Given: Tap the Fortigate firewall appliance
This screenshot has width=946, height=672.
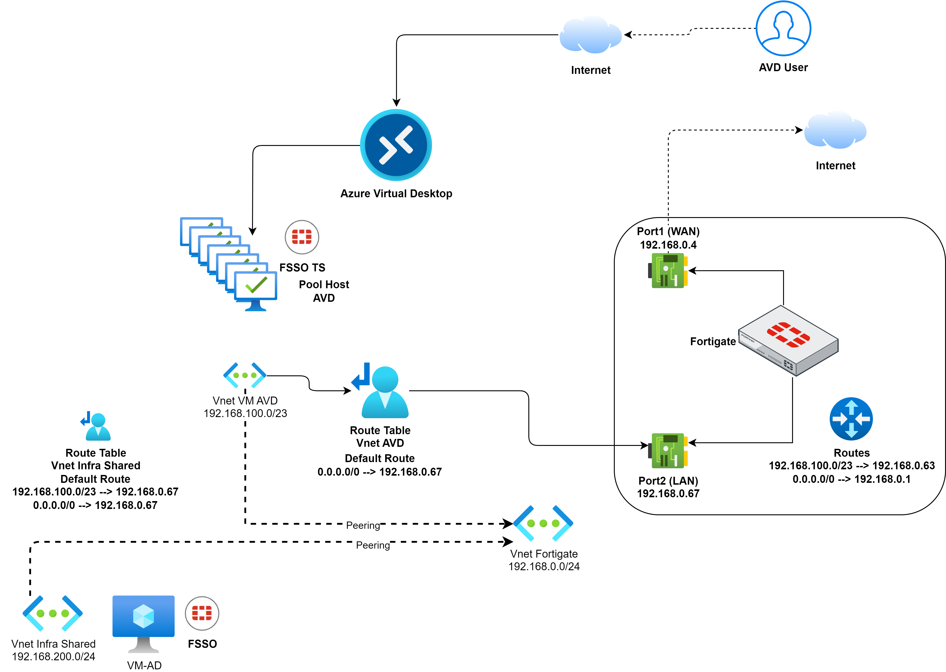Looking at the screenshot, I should click(788, 341).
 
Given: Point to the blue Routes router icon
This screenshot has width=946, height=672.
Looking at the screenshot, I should click(851, 419).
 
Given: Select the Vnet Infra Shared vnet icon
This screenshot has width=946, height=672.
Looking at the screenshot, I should click(52, 613).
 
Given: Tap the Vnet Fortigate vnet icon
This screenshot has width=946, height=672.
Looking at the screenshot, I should click(543, 523).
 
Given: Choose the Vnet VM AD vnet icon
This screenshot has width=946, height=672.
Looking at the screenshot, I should click(245, 375).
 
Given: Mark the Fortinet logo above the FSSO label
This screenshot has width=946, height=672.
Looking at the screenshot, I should click(202, 613).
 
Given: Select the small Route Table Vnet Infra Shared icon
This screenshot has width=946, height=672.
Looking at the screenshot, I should click(96, 426).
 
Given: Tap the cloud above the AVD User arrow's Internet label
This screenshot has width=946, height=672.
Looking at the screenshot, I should click(590, 36).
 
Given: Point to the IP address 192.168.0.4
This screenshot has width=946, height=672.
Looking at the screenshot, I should click(668, 245).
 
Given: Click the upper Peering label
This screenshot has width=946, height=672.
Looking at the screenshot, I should click(363, 525).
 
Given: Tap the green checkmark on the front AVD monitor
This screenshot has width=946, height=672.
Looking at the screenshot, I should click(256, 285).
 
